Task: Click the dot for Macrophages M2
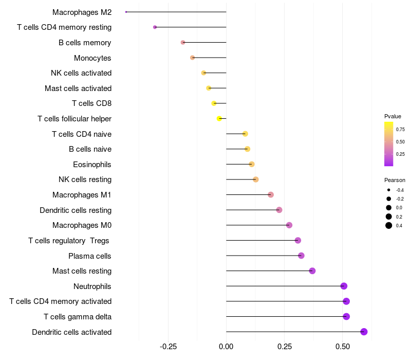click(x=126, y=12)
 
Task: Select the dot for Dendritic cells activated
click(x=364, y=332)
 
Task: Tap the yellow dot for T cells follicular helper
click(x=219, y=119)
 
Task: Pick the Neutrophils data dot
click(x=344, y=286)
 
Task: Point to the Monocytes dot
click(x=193, y=58)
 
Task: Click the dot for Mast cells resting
click(x=312, y=271)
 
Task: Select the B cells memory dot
click(x=183, y=42)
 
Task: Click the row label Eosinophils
click(x=92, y=165)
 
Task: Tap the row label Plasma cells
click(x=90, y=256)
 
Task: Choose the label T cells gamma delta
click(x=78, y=317)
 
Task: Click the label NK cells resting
click(x=85, y=179)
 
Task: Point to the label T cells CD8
click(x=92, y=103)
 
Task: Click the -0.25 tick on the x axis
click(x=168, y=347)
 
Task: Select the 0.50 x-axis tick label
click(x=343, y=347)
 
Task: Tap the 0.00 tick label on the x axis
click(x=226, y=347)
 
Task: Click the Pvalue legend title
click(x=393, y=116)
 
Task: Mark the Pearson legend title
click(x=395, y=181)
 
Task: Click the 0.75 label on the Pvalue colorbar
click(x=400, y=130)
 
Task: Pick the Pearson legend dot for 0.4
click(x=389, y=225)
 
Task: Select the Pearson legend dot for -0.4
click(x=389, y=190)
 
